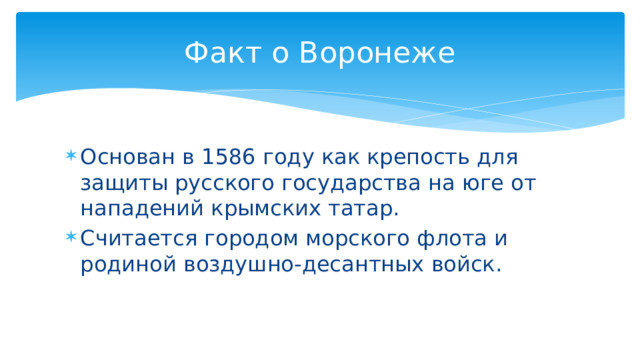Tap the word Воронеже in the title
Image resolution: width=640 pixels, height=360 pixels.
378,52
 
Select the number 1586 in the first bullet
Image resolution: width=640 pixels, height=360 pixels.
229,157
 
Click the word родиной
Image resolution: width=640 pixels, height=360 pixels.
123,266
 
